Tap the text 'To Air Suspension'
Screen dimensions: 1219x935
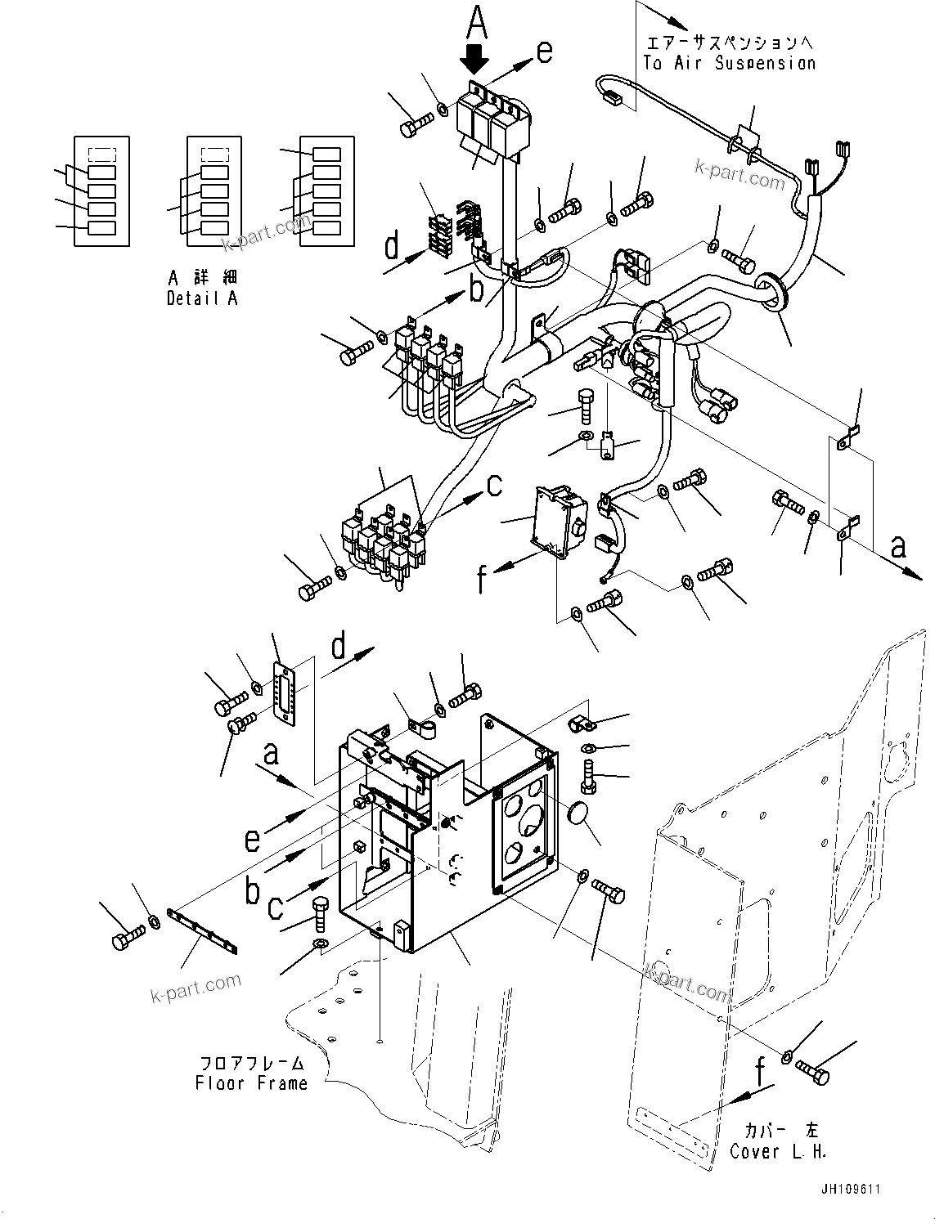point(729,63)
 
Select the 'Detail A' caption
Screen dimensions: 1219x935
point(202,298)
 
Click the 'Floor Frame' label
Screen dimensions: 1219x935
point(251,1083)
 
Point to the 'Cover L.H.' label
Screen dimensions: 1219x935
point(778,1151)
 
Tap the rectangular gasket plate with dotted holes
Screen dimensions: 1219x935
point(285,694)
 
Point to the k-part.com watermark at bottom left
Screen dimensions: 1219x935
point(196,988)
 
